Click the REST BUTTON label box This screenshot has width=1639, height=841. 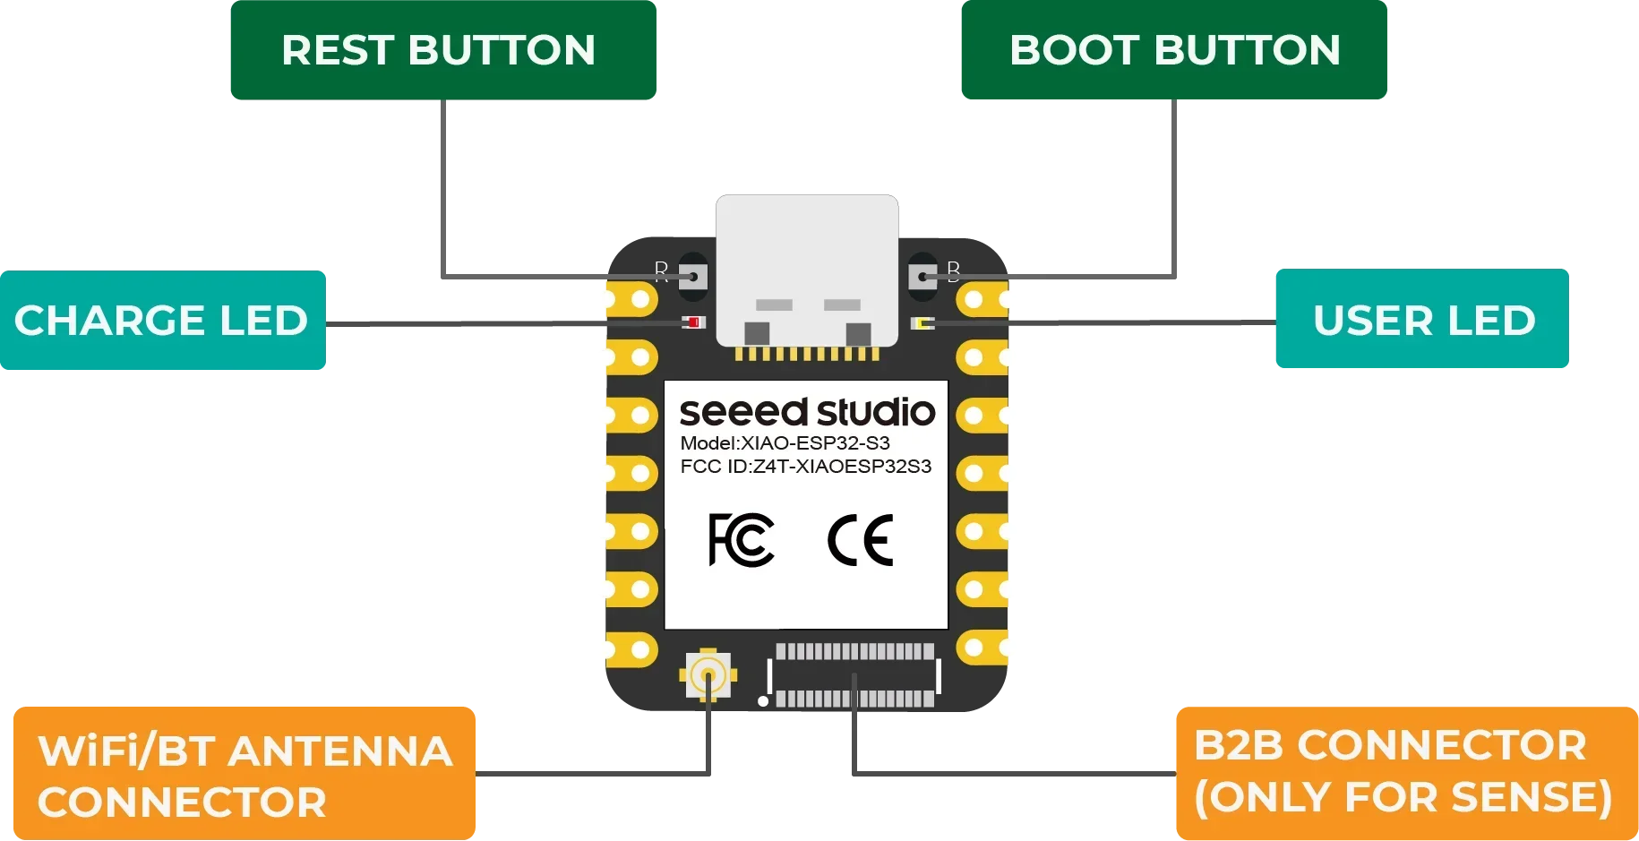pyautogui.click(x=443, y=50)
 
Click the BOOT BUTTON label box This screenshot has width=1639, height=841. pyautogui.click(x=1174, y=50)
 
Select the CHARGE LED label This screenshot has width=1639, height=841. pyautogui.click(x=163, y=321)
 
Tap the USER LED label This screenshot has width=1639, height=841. pyautogui.click(x=1422, y=321)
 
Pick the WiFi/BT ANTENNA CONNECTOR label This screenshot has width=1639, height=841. pyautogui.click(x=245, y=775)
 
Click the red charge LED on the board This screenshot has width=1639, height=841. pyautogui.click(x=693, y=322)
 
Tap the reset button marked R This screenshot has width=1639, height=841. pyautogui.click(x=692, y=277)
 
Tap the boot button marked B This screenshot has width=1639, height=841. pyautogui.click(x=922, y=277)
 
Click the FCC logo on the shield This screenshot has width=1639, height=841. pyautogui.click(x=741, y=540)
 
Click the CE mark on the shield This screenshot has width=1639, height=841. pyautogui.click(x=860, y=540)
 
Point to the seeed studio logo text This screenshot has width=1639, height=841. pyautogui.click(x=807, y=412)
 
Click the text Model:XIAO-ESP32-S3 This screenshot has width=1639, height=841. pyautogui.click(x=785, y=443)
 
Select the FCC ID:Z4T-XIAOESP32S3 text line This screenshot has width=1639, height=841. pyautogui.click(x=805, y=467)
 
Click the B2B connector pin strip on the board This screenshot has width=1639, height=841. pyautogui.click(x=854, y=675)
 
